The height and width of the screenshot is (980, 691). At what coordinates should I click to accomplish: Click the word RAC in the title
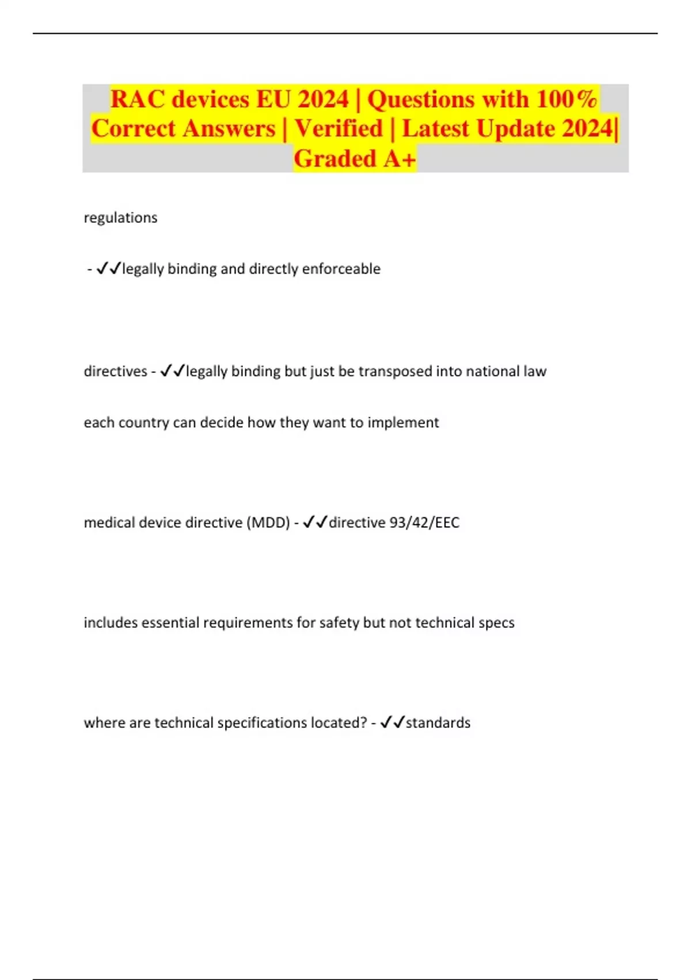(x=137, y=99)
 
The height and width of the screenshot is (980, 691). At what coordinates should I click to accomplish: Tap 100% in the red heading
(x=567, y=99)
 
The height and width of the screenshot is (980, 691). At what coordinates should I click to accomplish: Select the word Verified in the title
(x=339, y=129)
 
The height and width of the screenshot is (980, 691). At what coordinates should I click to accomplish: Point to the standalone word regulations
(x=120, y=218)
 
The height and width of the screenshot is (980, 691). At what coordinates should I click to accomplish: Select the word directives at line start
(x=115, y=371)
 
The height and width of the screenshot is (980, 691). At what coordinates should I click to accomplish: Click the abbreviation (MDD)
(x=268, y=523)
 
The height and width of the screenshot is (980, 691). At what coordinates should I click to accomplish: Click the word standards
(x=438, y=723)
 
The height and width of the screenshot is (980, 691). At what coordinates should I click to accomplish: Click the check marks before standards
(x=393, y=722)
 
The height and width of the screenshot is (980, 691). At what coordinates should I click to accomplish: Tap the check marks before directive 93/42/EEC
(x=315, y=522)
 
